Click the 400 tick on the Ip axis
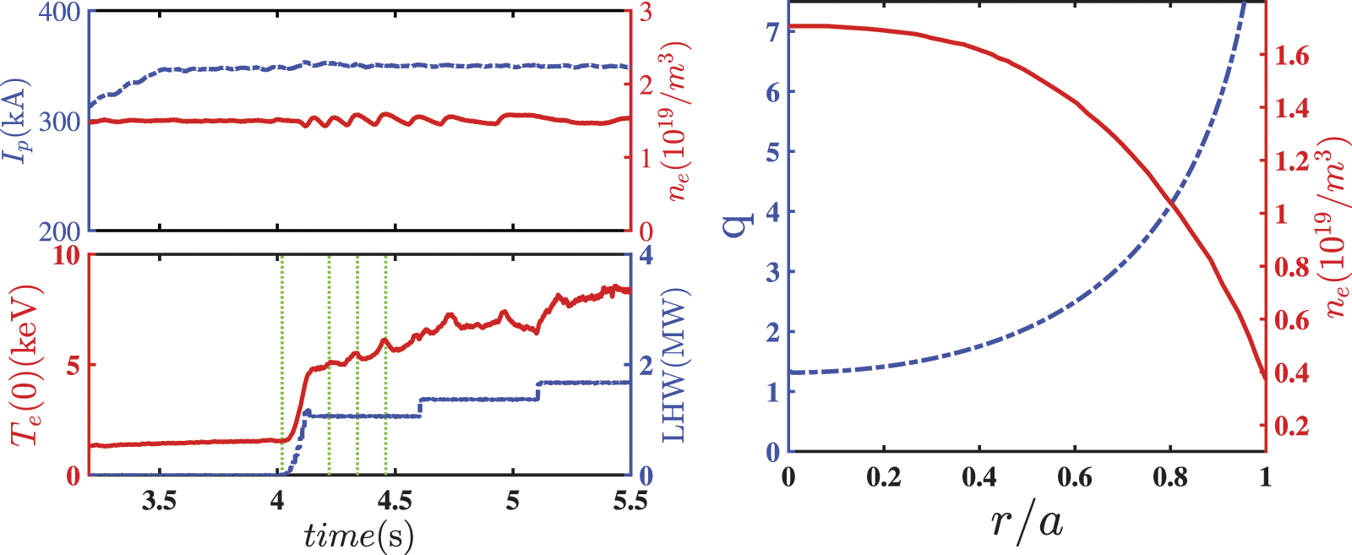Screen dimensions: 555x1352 pos(59,13)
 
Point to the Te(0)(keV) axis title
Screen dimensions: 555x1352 pos(25,365)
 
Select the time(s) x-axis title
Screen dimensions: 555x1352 pos(358,536)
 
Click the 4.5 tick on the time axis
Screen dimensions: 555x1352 pos(394,500)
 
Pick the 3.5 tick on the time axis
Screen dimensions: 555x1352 pos(159,500)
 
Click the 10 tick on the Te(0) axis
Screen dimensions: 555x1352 pos(66,255)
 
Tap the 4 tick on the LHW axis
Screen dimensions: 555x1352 pos(646,255)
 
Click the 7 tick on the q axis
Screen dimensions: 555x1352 pos(771,32)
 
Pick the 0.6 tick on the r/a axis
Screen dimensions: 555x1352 pos(1074,477)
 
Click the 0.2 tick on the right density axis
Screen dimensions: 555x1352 pos(1291,425)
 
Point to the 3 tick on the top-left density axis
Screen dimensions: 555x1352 pos(646,13)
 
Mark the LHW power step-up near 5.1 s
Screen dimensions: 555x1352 pos(538,390)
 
